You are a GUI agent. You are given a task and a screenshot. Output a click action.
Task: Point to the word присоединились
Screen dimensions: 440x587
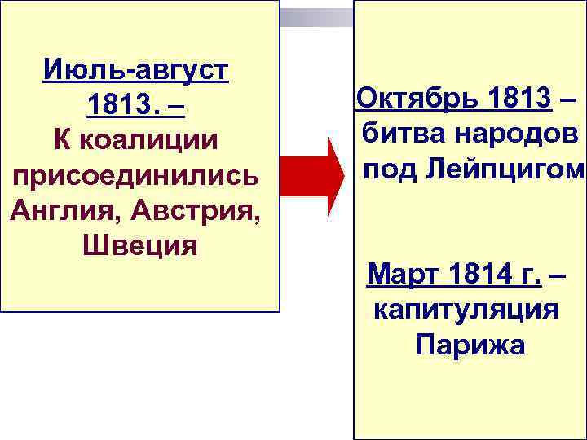(x=136, y=174)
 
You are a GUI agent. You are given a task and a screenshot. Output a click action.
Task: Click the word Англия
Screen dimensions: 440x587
(x=55, y=209)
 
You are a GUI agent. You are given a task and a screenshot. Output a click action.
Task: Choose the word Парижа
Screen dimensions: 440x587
(x=470, y=345)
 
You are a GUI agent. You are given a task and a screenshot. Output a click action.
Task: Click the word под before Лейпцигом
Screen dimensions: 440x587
(x=386, y=169)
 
